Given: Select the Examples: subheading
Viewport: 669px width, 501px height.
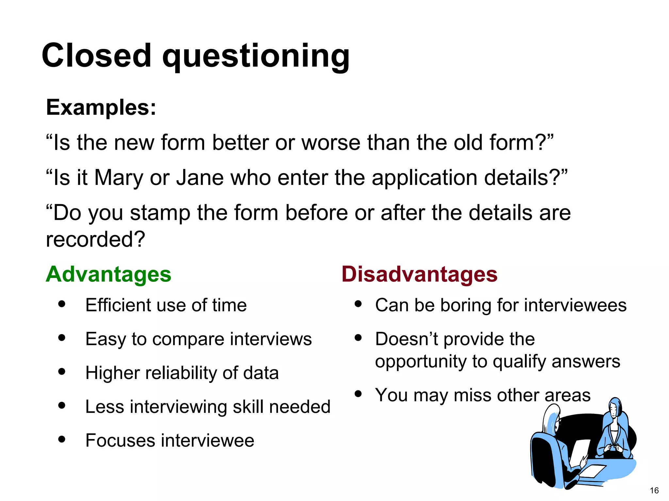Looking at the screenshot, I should point(101,107).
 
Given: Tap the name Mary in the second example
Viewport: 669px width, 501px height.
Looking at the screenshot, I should point(119,178).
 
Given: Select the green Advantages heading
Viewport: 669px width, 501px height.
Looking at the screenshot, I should point(108,274).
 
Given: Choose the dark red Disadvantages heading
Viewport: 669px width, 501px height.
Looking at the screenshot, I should point(419,274).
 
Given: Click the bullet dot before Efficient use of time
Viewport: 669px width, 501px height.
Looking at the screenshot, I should point(62,304).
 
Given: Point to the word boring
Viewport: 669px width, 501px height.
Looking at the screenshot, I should point(465,305).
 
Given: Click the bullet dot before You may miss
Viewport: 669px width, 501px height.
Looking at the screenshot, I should point(358,394).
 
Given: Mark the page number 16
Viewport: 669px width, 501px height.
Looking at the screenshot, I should point(654,491).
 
